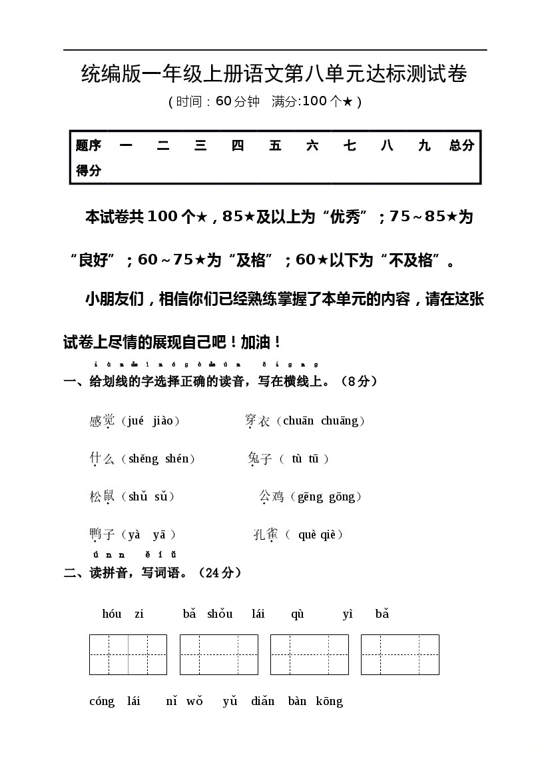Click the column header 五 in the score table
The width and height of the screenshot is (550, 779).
pos(275,146)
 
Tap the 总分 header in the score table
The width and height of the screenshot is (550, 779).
pos(461,146)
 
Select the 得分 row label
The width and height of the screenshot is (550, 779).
pos(89,171)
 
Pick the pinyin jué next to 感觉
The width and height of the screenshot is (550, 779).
pos(135,420)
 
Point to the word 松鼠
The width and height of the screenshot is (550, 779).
pos(102,496)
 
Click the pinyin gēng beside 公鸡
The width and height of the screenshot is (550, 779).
pos(310,496)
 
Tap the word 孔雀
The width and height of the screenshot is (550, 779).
pos(266,534)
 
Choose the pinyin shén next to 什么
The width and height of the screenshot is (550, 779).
pos(177,458)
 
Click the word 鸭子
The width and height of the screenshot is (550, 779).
pos(102,534)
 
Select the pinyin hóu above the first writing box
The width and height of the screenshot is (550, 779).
pos(112,614)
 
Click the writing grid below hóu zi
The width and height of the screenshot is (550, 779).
pos(128,654)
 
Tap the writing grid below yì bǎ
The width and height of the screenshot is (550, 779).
pos(400,654)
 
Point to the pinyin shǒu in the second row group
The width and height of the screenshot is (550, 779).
pos(220,614)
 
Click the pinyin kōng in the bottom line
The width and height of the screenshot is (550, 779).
pos(329,701)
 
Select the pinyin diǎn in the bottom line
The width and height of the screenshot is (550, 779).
pos(263,701)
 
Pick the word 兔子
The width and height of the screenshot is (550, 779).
pos(260,458)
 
